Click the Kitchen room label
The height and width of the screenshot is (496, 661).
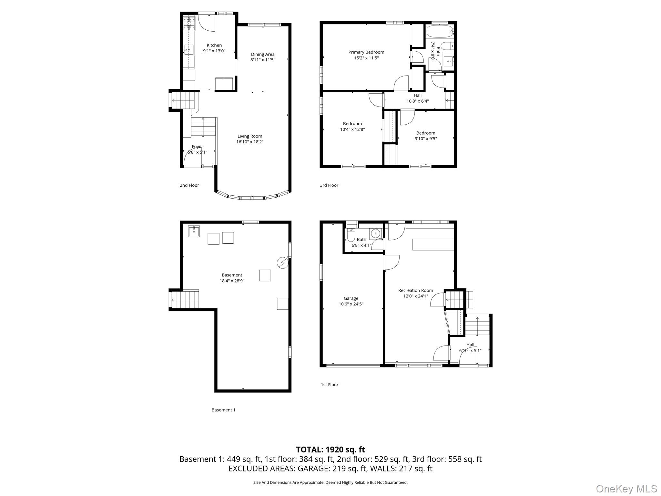pyautogui.click(x=214, y=45)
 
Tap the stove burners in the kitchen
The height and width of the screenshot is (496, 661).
pyautogui.click(x=189, y=23)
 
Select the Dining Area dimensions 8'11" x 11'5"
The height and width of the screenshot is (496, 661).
pyautogui.click(x=262, y=60)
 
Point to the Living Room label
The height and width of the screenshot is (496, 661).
pyautogui.click(x=250, y=136)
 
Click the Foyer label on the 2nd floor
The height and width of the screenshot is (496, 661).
pyautogui.click(x=197, y=147)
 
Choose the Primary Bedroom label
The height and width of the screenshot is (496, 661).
pyautogui.click(x=366, y=52)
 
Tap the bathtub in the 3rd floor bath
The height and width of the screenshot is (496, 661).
pyautogui.click(x=440, y=32)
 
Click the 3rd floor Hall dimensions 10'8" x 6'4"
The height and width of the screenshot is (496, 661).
pyautogui.click(x=417, y=101)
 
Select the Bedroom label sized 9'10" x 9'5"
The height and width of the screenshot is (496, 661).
pyautogui.click(x=425, y=133)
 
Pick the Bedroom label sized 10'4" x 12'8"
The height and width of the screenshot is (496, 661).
pyautogui.click(x=352, y=124)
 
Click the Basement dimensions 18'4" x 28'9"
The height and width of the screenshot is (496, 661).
pyautogui.click(x=232, y=281)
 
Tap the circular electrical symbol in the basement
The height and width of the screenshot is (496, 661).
pyautogui.click(x=282, y=263)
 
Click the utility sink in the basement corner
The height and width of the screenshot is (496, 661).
pyautogui.click(x=194, y=231)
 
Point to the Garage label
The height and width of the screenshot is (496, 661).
pyautogui.click(x=351, y=298)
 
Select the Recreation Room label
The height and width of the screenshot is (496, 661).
pyautogui.click(x=415, y=290)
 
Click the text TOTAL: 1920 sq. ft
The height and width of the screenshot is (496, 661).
pyautogui.click(x=330, y=449)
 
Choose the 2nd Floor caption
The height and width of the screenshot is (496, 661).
pyautogui.click(x=189, y=185)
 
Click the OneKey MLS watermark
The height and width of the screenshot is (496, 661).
pyautogui.click(x=626, y=489)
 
